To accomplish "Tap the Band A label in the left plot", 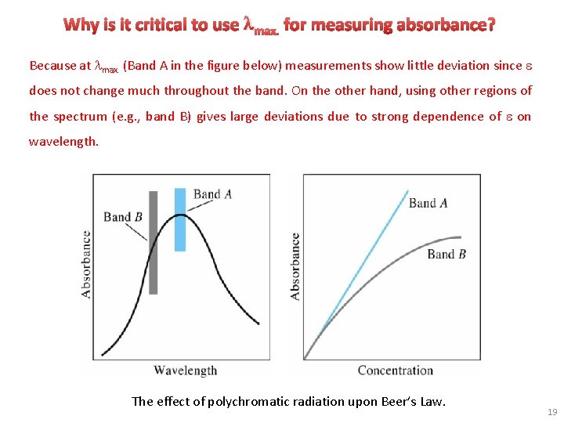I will coord(212,194).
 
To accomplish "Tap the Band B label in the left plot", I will coord(123,217).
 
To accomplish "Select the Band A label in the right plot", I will coord(428,203).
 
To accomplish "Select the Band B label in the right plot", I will coord(446,253).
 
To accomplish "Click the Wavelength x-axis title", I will coord(186,370).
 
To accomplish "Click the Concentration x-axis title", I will coord(395,370).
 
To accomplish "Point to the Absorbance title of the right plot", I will coord(295,266).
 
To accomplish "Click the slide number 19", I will coord(552,412).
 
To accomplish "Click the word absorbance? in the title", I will coord(446,25).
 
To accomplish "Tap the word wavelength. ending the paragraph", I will coord(64,142).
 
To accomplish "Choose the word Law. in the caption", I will coord(432,402).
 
